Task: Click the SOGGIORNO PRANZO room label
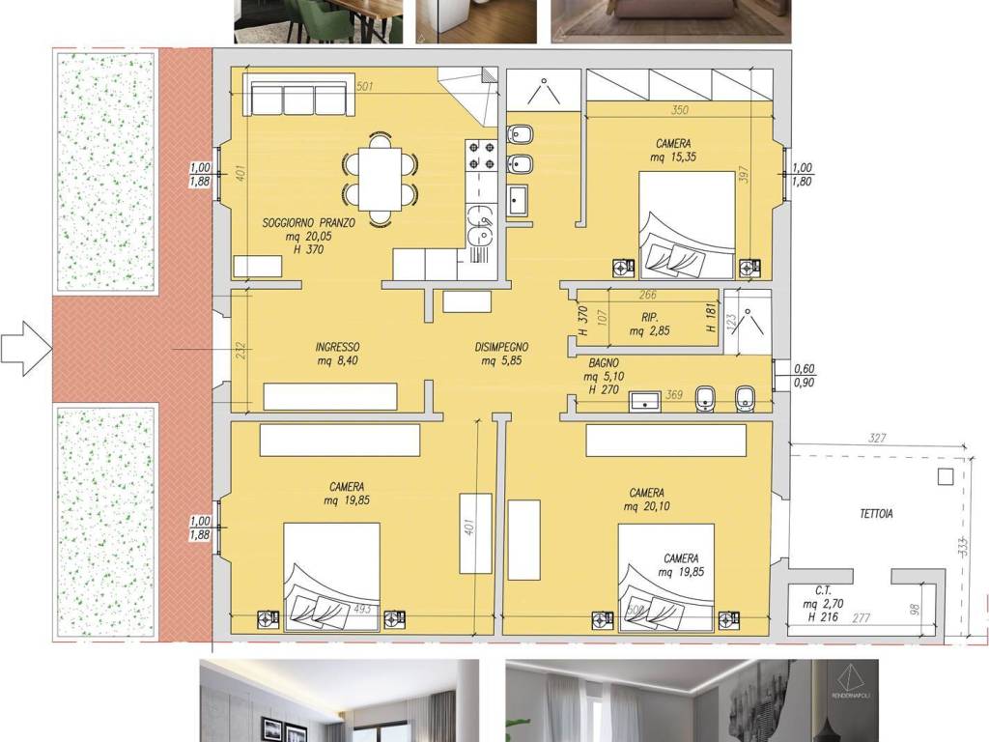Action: tap(309, 222)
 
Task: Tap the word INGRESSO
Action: tap(337, 347)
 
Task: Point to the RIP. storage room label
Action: tap(649, 316)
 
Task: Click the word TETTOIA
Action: tap(876, 514)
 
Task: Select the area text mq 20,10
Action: tap(645, 506)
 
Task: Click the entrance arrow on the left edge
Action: tap(24, 349)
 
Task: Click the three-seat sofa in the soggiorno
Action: tap(299, 98)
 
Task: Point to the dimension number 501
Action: tap(365, 86)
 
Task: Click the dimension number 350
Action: tap(679, 110)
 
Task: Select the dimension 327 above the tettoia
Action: tap(877, 439)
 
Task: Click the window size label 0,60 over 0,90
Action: tap(804, 376)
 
